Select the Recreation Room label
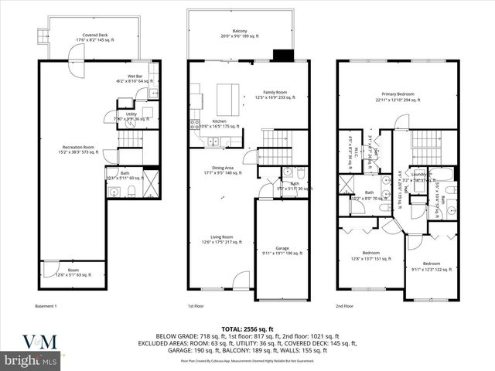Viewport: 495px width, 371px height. pyautogui.click(x=78, y=148)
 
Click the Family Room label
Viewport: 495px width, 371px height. pyautogui.click(x=270, y=96)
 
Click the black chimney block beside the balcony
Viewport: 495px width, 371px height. pyautogui.click(x=284, y=56)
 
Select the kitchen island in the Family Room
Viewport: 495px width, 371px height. pyautogui.click(x=227, y=97)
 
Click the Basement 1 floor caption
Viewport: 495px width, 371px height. pyautogui.click(x=46, y=307)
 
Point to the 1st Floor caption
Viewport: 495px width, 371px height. pyautogui.click(x=196, y=307)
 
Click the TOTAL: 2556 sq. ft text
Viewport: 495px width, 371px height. pyautogui.click(x=247, y=329)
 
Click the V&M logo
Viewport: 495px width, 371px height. pyautogui.click(x=31, y=340)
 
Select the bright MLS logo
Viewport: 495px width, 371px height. pyautogui.click(x=31, y=361)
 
